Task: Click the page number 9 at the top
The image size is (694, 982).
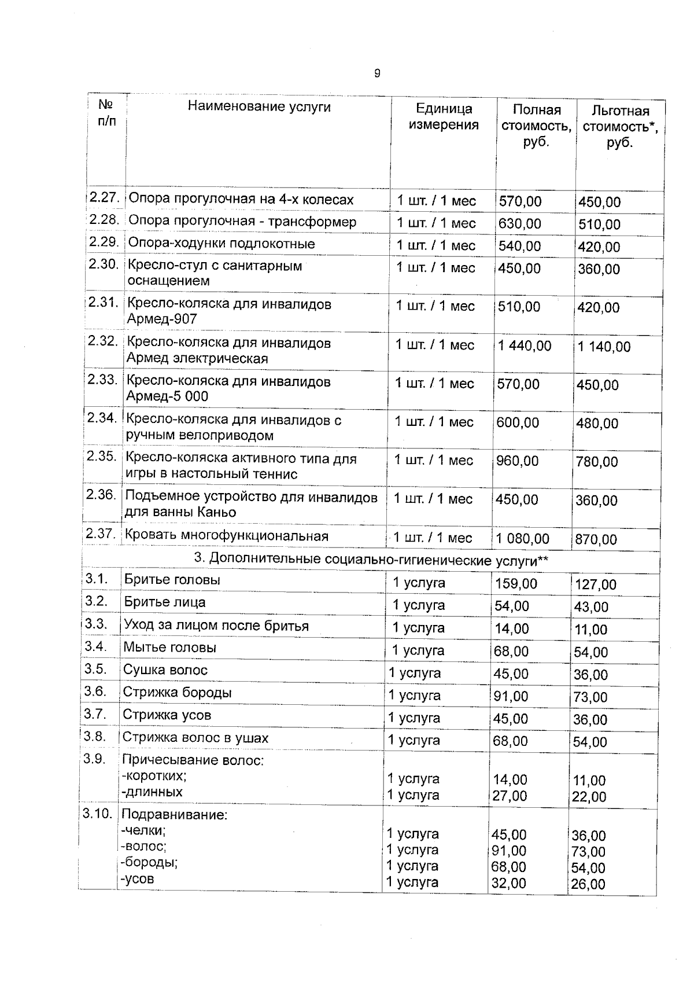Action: [x=377, y=73]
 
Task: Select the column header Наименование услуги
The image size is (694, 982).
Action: [x=259, y=106]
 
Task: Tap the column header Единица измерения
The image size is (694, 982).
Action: [x=444, y=116]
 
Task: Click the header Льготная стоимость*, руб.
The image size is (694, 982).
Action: [x=620, y=127]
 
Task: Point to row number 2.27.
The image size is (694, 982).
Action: [x=104, y=197]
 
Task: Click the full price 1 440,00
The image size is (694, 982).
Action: [x=525, y=346]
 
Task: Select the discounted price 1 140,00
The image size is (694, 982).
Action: [x=604, y=347]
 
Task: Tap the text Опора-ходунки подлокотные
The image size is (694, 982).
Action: [x=221, y=244]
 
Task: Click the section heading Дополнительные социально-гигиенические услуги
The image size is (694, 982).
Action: [x=371, y=560]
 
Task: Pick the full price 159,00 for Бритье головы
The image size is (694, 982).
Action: [x=516, y=584]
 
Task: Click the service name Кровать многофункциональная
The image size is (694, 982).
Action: [x=226, y=536]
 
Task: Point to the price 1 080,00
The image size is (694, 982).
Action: [x=523, y=539]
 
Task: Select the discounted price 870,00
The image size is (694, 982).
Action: [x=596, y=540]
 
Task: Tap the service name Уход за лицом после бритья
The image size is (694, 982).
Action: [x=216, y=626]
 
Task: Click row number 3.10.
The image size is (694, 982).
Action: [x=97, y=814]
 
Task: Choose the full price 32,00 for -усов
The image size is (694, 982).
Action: [x=509, y=883]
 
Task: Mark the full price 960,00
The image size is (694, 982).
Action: [x=517, y=461]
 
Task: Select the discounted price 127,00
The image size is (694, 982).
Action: [x=596, y=584]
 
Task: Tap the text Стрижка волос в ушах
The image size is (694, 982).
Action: [x=195, y=738]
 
